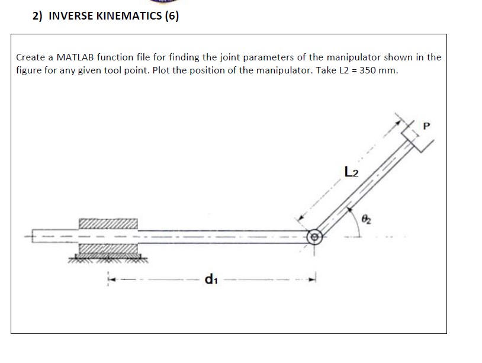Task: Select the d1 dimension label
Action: [209, 278]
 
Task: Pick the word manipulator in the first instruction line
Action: [355, 57]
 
